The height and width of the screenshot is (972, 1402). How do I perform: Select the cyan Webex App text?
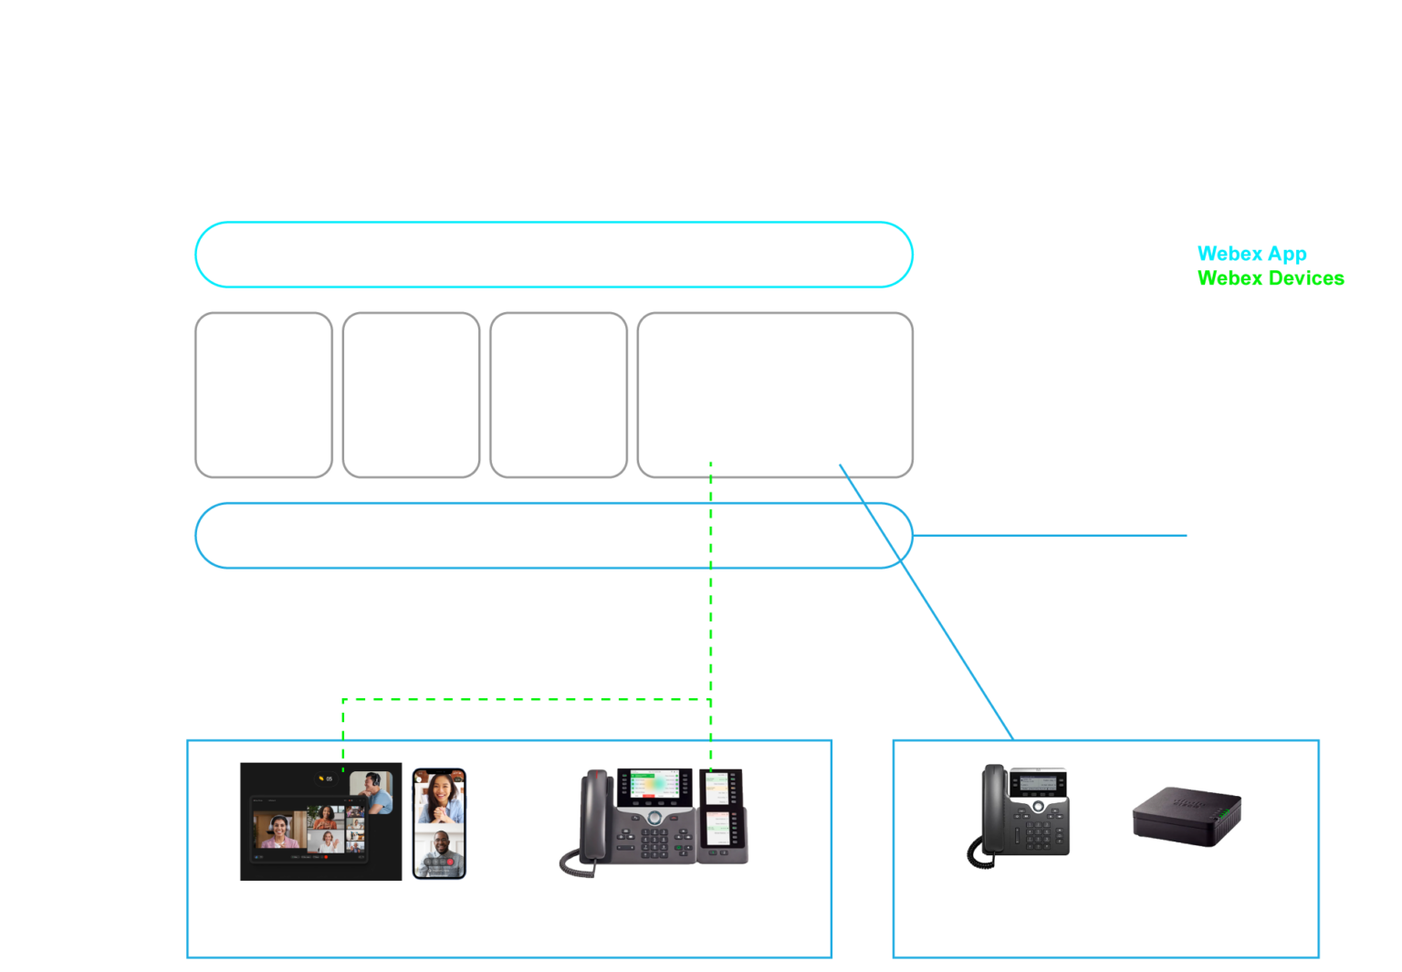1251,253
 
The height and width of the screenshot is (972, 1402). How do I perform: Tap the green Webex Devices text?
1271,277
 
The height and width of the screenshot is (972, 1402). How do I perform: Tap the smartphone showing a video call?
439,823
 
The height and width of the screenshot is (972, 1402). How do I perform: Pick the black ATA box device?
1186,814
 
